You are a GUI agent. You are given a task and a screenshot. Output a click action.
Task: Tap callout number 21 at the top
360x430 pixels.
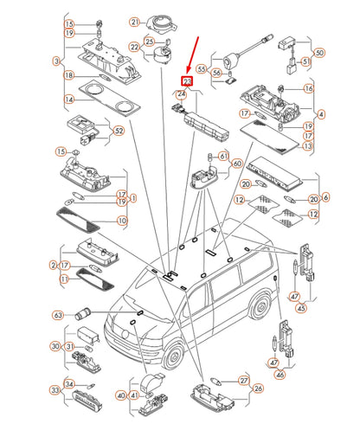(x=134, y=22)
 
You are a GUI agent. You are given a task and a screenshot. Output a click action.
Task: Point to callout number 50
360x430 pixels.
(x=344, y=54)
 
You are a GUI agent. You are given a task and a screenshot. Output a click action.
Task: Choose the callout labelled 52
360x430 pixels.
(x=119, y=132)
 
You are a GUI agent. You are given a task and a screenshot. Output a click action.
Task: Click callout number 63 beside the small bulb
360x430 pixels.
(x=59, y=314)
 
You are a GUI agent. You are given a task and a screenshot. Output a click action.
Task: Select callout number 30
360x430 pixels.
(x=55, y=347)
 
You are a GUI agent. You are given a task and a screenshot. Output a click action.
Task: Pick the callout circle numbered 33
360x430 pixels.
(x=55, y=390)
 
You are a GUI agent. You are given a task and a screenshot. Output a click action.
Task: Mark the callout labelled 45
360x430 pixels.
(x=300, y=307)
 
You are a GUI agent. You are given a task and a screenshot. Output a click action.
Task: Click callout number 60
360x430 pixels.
(x=235, y=164)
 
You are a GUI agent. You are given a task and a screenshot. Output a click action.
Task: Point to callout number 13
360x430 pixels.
(x=309, y=147)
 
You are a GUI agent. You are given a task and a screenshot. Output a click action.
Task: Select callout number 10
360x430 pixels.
(x=122, y=221)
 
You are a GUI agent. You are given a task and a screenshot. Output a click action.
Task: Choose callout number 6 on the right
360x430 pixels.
(x=325, y=197)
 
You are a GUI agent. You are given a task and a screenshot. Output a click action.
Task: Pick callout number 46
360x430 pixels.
(x=279, y=375)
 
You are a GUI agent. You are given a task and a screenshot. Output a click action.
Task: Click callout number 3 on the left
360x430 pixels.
(x=56, y=61)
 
